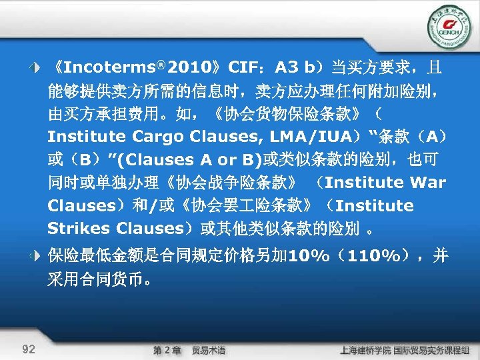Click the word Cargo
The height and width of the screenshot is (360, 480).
point(158,137)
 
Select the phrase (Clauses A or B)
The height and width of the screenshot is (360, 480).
point(195,159)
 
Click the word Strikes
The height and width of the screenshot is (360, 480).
point(79,229)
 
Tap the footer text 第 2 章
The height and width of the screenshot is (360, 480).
point(167,350)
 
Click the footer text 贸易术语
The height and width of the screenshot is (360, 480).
point(209,350)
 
